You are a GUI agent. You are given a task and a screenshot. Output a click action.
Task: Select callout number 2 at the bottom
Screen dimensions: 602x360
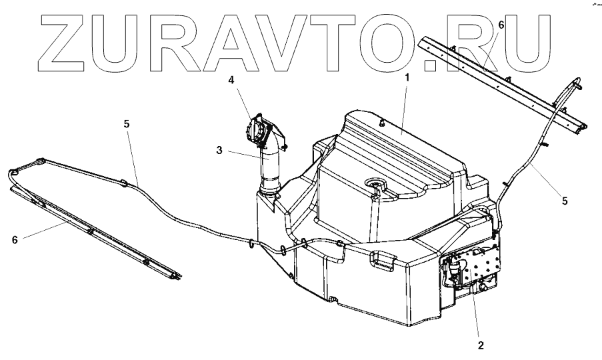(479, 345)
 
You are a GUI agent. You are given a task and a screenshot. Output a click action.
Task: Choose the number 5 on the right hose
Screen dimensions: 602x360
(565, 199)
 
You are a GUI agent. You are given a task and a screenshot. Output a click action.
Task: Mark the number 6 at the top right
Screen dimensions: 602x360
(501, 25)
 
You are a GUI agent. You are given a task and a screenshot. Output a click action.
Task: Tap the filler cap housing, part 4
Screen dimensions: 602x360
(259, 130)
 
